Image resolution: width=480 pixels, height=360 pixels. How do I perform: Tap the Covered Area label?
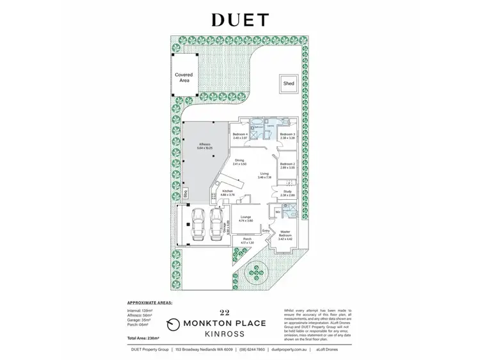(184, 78)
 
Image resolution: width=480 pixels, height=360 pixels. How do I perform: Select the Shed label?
(288, 83)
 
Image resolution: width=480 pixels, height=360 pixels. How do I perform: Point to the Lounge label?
(246, 218)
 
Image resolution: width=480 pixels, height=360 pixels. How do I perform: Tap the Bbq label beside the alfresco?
(186, 192)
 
